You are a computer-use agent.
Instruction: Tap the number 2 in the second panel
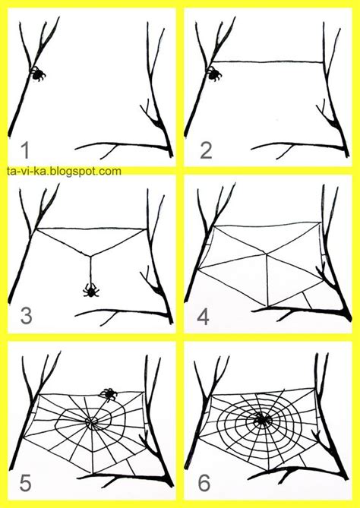[x=206, y=149]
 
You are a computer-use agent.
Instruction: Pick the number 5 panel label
[x=25, y=481]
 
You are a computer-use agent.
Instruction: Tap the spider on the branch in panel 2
[x=215, y=74]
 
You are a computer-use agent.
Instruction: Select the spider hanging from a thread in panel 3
[x=90, y=289]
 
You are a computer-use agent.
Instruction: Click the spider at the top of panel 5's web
[x=109, y=393]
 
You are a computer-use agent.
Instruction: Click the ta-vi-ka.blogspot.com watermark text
[x=62, y=172]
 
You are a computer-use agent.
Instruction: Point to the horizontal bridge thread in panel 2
[x=266, y=61]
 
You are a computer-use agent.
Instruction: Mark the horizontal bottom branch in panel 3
[x=122, y=311]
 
